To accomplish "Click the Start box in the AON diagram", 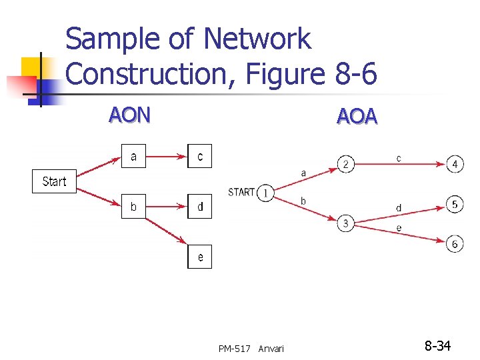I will coord(54,181).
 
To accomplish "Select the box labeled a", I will coord(133,157).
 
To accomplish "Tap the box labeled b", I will coord(133,207).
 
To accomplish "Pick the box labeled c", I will coord(200,157).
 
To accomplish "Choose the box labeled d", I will coord(200,207).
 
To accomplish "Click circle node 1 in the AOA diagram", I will coord(265,193).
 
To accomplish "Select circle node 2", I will coord(346,164).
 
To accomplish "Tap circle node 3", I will coord(345,223).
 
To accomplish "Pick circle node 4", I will coord(455,163).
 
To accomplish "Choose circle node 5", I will coord(455,204).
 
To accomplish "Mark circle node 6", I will coord(455,244).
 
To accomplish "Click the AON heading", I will coord(130,115).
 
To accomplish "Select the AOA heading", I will coord(357,117).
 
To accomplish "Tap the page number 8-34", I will coord(438,346).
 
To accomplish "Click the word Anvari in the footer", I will coord(271,348).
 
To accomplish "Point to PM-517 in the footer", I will coord(235,348).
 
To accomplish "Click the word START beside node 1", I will coord(241,193).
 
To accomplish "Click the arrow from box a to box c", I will coord(166,157).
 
